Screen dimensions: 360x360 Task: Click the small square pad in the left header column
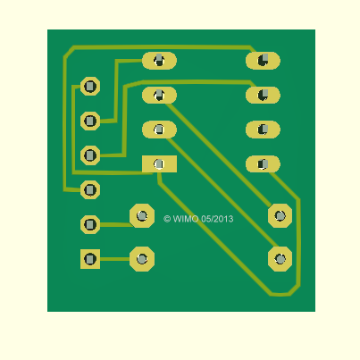tap(90, 259)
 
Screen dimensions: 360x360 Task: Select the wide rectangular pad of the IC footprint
tap(159, 163)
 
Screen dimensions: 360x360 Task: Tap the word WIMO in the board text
tap(186, 219)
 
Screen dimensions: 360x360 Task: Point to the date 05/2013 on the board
tap(217, 219)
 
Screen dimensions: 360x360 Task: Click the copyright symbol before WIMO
tap(167, 219)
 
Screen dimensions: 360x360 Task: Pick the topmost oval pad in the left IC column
tap(159, 61)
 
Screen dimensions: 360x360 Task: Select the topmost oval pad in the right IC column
tap(263, 61)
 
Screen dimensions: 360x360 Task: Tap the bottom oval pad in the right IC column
tap(263, 163)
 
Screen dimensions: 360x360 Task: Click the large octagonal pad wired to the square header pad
tap(142, 259)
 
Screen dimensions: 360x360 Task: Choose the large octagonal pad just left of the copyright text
tap(142, 216)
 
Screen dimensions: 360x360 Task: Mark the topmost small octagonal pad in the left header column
tap(90, 87)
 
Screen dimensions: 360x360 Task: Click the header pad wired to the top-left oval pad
tap(90, 121)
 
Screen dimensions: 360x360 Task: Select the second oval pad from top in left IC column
tap(159, 96)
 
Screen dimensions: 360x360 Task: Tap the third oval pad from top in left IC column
tap(159, 130)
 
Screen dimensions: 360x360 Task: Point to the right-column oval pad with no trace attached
tap(263, 130)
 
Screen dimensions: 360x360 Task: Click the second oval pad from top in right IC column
tap(263, 96)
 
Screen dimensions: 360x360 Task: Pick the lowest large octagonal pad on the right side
tap(280, 259)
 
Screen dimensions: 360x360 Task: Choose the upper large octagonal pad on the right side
tap(280, 216)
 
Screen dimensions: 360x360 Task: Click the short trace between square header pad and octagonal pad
tap(115, 259)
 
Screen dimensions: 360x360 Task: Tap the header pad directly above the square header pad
tap(90, 224)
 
